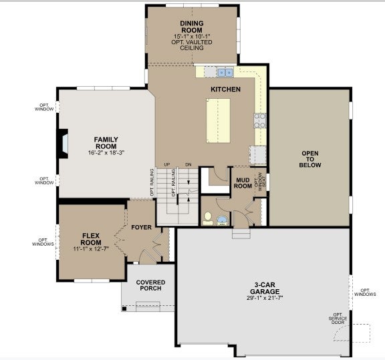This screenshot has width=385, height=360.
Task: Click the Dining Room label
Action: [192, 27]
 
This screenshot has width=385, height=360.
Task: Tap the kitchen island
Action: [218, 121]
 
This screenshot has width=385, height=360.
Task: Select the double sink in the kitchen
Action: [225, 72]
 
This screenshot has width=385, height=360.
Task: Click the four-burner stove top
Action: [260, 120]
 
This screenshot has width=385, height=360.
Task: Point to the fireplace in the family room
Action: [63, 144]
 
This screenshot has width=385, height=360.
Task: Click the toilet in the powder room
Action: [208, 218]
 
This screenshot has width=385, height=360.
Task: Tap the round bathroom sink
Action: [223, 221]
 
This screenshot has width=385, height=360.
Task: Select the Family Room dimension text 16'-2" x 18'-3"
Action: [106, 153]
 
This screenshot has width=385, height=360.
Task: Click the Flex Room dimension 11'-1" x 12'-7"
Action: [91, 249]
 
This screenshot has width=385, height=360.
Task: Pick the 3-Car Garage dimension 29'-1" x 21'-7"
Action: [265, 298]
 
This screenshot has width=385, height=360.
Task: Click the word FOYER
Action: [141, 228]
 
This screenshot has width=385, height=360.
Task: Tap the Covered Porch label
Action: [150, 285]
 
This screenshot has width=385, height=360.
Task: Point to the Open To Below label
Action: [310, 159]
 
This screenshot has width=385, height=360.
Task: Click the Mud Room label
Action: [243, 183]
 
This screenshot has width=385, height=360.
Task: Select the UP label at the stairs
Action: [167, 165]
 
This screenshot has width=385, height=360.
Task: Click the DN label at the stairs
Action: [188, 165]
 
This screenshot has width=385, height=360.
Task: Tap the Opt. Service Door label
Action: [338, 319]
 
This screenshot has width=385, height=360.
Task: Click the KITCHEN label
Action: [225, 89]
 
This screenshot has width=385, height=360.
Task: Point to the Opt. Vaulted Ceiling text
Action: [192, 45]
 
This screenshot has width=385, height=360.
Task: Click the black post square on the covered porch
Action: [124, 309]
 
